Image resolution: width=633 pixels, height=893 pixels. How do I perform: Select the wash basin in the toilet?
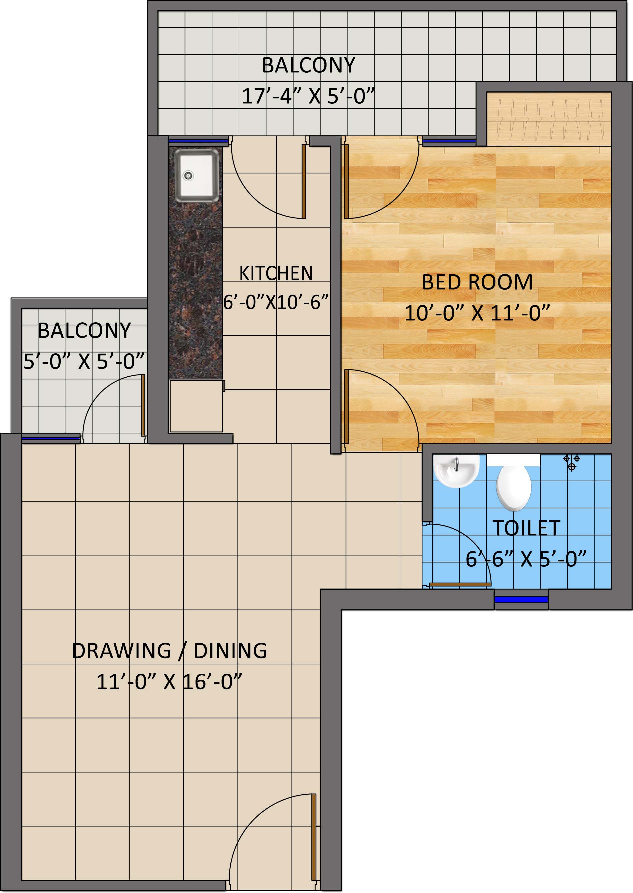pos(456,470)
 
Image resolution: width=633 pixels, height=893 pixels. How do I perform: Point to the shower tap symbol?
pos(572,462)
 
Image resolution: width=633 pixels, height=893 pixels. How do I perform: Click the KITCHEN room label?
pos(276,273)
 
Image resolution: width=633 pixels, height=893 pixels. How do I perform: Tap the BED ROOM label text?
pos(477,282)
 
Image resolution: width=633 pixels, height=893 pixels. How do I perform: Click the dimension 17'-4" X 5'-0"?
pos(308,96)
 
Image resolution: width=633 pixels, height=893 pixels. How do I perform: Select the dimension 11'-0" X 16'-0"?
pos(169,682)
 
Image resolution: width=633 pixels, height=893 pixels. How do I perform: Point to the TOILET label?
pos(526,528)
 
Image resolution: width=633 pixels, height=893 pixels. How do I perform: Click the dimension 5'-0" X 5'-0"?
pos(84,362)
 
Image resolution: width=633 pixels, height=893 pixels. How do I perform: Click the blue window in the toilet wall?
pos(521,599)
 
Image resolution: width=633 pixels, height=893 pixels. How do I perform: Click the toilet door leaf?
pos(460,585)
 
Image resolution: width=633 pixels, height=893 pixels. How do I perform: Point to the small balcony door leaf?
pos(143,405)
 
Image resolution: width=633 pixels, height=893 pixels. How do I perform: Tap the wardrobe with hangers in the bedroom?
pos(548,119)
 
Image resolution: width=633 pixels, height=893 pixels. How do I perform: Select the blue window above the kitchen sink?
pos(198,141)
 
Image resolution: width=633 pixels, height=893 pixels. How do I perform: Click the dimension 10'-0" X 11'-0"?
pos(477,313)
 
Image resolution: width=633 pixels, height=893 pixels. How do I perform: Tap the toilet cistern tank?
pos(513,460)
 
